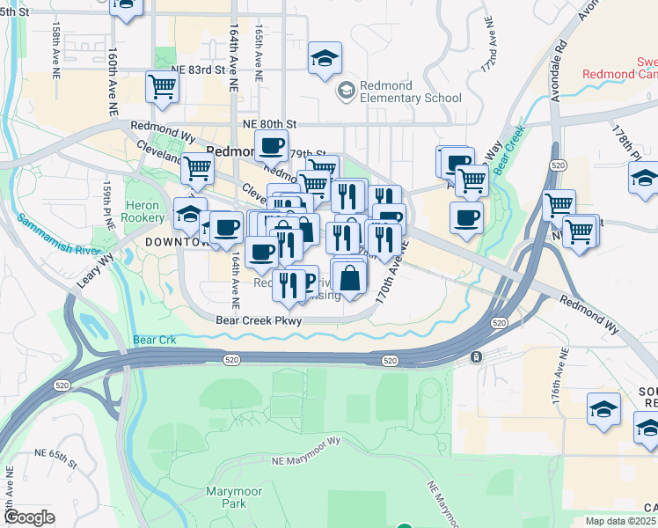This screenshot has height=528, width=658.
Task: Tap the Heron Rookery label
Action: (x=143, y=210)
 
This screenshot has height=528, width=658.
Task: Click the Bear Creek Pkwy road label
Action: (x=259, y=321)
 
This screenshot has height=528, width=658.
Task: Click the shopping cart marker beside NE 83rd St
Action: (x=163, y=86)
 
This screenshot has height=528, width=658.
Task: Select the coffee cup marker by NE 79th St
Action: (x=271, y=145)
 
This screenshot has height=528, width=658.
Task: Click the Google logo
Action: (x=29, y=517)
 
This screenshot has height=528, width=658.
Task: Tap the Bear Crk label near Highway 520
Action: (x=155, y=340)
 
